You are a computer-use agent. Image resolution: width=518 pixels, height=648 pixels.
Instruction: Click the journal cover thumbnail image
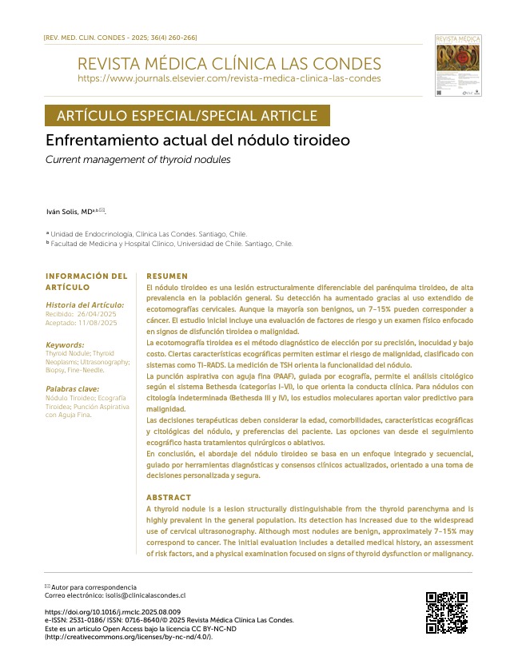(x=459, y=65)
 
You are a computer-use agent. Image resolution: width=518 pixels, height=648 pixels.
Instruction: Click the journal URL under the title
(x=229, y=79)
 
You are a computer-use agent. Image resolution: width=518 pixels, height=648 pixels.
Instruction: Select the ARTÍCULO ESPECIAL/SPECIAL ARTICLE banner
(x=187, y=116)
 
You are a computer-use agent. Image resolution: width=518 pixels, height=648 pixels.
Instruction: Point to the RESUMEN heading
(x=167, y=276)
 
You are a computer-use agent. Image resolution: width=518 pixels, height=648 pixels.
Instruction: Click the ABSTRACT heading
(x=169, y=498)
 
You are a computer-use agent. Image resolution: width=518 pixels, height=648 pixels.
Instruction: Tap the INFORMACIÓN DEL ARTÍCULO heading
(x=86, y=281)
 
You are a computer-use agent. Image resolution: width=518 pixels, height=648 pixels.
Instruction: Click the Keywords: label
(x=65, y=345)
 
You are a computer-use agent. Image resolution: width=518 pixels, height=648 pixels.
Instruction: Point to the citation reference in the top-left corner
(x=120, y=38)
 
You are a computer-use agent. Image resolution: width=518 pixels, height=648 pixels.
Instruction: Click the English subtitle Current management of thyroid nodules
(x=138, y=160)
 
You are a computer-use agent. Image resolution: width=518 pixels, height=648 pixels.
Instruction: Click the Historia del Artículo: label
(x=86, y=304)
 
